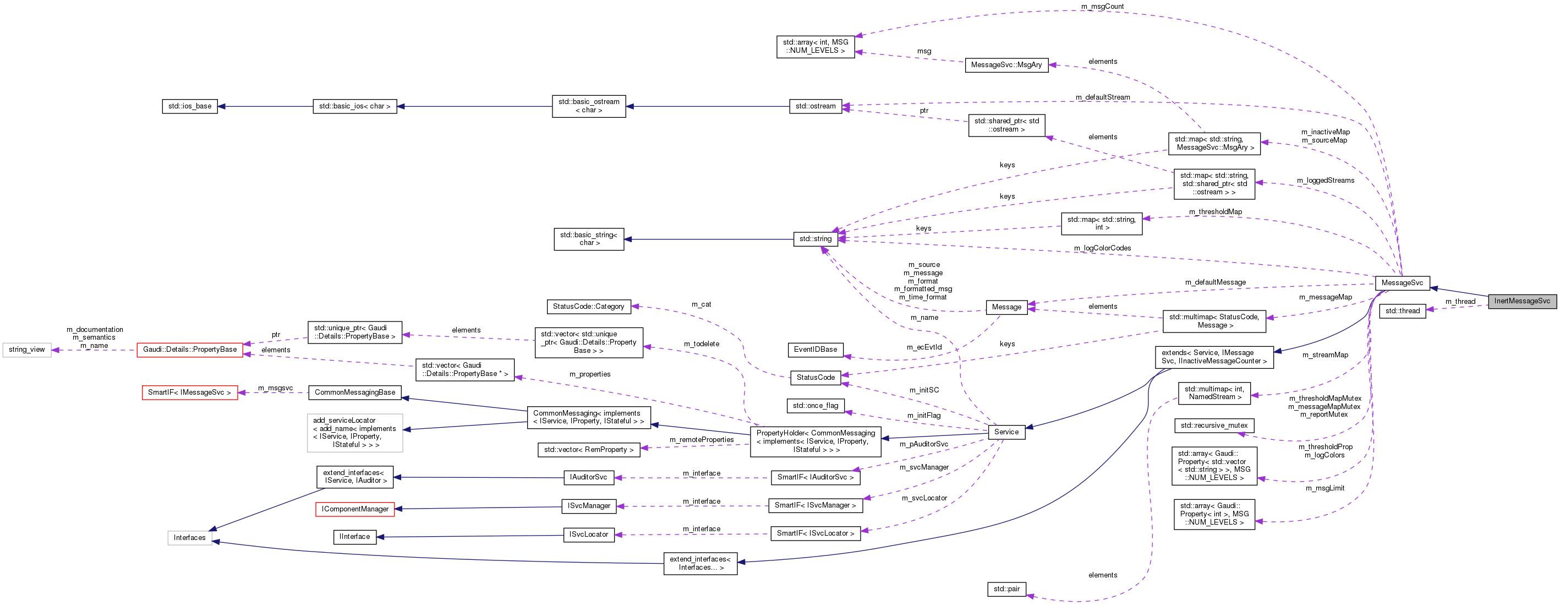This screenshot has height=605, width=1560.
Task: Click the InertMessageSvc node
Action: pyautogui.click(x=1521, y=301)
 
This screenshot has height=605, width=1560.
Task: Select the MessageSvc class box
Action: pyautogui.click(x=1402, y=283)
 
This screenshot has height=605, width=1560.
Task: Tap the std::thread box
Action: pyautogui.click(x=1402, y=311)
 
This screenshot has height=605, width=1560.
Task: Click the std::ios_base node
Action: pyautogui.click(x=189, y=107)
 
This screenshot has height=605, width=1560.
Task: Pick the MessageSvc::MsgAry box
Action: pyautogui.click(x=1006, y=65)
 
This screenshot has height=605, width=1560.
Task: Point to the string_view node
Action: pyautogui.click(x=26, y=350)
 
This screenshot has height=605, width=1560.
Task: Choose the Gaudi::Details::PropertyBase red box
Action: pyautogui.click(x=189, y=350)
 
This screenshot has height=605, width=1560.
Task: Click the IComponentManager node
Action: pyautogui.click(x=355, y=509)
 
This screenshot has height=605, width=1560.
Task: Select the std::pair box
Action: pyautogui.click(x=1006, y=588)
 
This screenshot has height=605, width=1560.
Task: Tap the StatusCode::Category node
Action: pyautogui.click(x=588, y=307)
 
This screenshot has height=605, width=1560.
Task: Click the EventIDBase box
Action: pyautogui.click(x=815, y=350)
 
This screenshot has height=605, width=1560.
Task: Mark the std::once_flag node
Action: pyautogui.click(x=815, y=406)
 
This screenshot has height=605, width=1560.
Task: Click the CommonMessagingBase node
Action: pyautogui.click(x=355, y=393)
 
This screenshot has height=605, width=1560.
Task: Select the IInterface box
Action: pyautogui.click(x=354, y=537)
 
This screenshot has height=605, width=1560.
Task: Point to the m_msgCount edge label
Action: pyautogui.click(x=1102, y=7)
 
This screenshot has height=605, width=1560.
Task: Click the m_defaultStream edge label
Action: pyautogui.click(x=1102, y=97)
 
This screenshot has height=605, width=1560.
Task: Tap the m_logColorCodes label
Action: pyautogui.click(x=1102, y=248)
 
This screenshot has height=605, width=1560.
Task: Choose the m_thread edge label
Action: pyautogui.click(x=1460, y=302)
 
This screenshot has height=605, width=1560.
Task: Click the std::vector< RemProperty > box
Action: pyautogui.click(x=588, y=450)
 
